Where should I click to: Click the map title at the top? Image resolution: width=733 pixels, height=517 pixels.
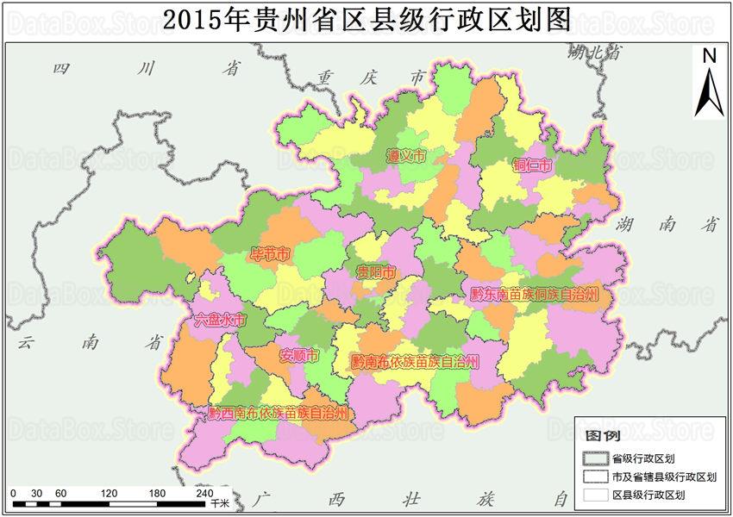[366, 19]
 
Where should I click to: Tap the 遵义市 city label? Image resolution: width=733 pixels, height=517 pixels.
[405, 157]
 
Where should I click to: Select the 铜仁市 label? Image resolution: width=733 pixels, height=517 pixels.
[532, 165]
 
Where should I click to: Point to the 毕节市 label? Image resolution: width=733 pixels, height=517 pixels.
[269, 253]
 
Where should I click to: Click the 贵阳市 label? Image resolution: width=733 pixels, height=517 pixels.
[378, 272]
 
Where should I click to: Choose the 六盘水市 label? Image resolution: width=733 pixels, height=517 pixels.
[220, 320]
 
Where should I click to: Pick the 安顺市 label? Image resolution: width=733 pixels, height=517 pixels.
[299, 355]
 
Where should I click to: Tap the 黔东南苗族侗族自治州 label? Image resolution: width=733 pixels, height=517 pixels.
[535, 294]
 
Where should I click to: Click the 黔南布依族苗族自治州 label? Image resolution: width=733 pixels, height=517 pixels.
[414, 362]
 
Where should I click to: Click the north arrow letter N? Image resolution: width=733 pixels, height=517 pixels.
[709, 56]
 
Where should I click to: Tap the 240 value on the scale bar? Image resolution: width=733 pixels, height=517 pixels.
[205, 492]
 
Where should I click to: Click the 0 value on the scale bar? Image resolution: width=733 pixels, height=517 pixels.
[13, 492]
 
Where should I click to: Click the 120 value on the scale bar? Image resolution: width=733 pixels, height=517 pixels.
[109, 492]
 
